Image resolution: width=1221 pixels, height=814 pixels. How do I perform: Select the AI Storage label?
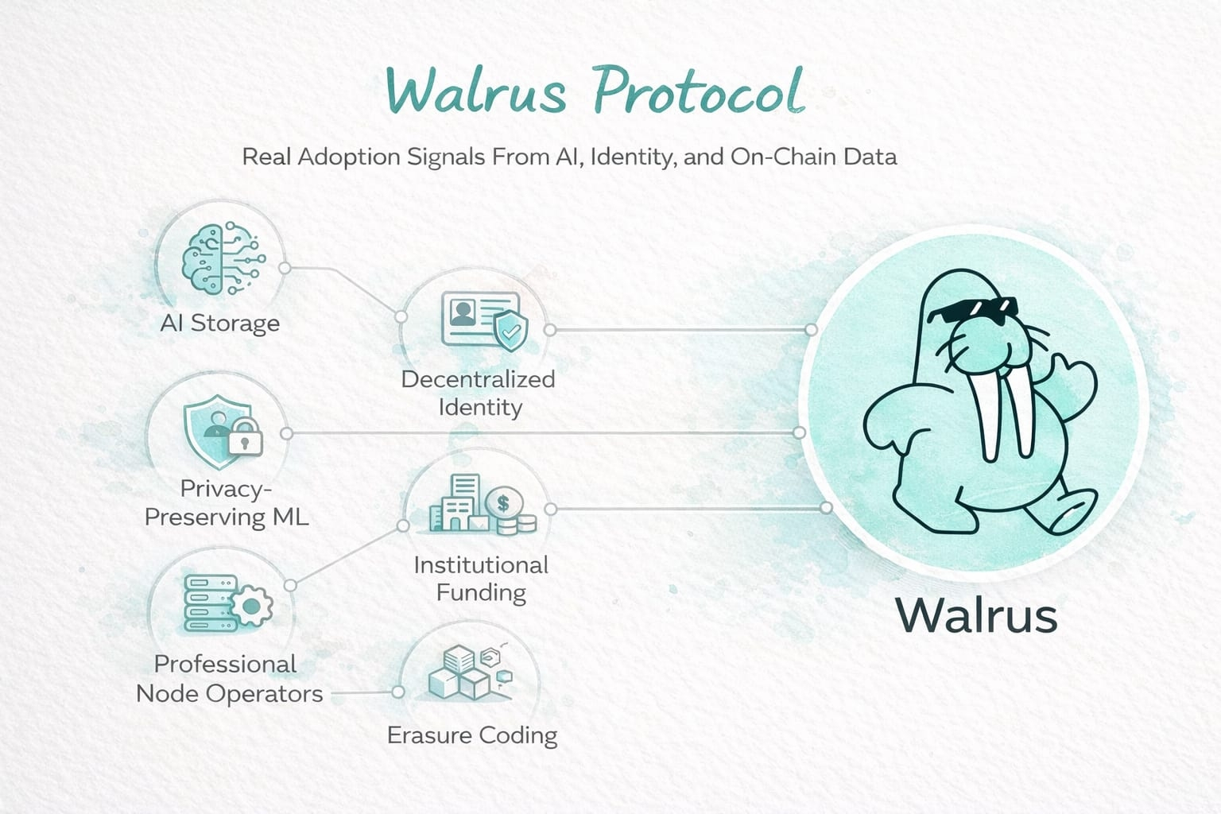220,324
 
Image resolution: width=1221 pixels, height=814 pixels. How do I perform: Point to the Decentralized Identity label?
479,393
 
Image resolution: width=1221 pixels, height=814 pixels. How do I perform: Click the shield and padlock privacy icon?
222,427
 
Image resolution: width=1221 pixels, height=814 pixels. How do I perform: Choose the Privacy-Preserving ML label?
227,502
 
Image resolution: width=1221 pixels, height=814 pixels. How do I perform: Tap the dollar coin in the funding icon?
503,502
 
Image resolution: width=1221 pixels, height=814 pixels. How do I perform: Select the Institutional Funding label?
481,578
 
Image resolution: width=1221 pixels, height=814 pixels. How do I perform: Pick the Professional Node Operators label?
229,679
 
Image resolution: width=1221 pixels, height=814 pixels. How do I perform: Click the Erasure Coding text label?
472,735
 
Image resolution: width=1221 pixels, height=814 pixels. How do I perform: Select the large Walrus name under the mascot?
975,615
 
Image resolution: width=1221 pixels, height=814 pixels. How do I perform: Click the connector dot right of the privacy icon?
287,433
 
